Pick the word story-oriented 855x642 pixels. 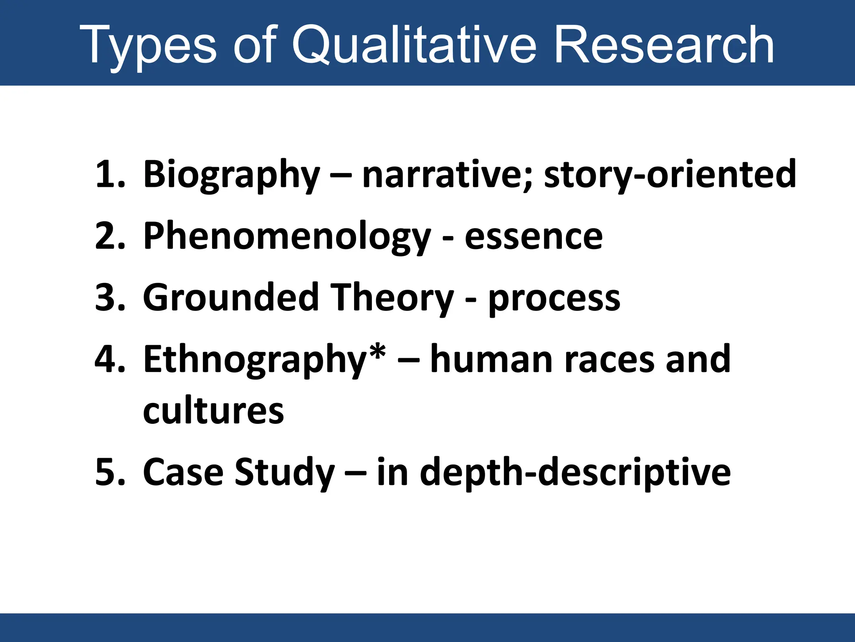click(670, 175)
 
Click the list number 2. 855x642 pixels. click(110, 236)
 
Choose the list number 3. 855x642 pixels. click(110, 298)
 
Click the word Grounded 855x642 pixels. click(231, 298)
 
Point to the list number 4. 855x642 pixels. click(110, 359)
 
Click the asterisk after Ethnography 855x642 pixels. click(378, 353)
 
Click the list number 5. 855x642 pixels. click(110, 472)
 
